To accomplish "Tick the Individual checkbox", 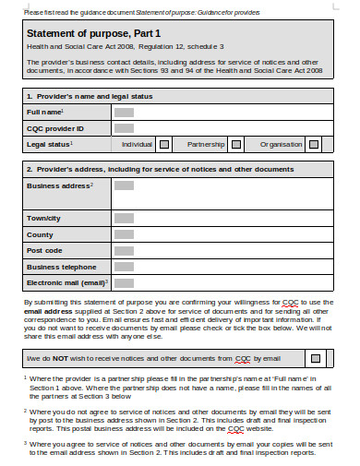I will [164, 144].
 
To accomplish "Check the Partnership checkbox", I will [236, 144].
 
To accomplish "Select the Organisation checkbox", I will [315, 144].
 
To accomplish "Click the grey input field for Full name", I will [123, 112].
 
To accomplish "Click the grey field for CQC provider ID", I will [123, 127].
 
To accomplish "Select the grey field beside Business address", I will [123, 185].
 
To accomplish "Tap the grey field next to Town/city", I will [123, 217].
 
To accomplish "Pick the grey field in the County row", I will [123, 233].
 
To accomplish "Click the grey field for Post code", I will [123, 249].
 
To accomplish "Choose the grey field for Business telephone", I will [123, 266].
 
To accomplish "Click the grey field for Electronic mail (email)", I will [123, 282].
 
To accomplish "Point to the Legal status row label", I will [50, 144].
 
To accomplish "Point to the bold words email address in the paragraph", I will [49, 311].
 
